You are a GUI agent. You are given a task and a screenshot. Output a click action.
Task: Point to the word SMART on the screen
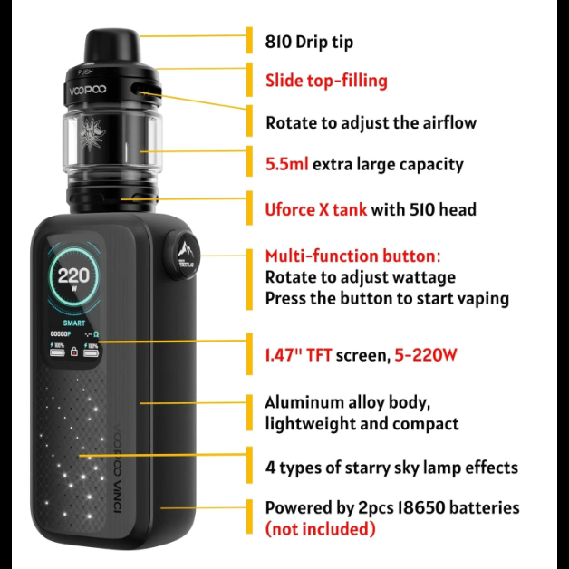pos(74,322)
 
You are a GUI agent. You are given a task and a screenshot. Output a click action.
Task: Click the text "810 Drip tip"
pos(309,42)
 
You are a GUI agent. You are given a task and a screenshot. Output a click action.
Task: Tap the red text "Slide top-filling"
pos(326,81)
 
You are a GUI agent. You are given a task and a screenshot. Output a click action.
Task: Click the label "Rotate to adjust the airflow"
pos(371,122)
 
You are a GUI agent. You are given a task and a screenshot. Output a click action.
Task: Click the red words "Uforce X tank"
pos(315,210)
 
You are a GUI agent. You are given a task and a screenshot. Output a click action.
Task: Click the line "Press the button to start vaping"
pos(386,299)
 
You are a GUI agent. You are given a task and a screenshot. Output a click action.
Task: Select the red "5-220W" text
pos(425,355)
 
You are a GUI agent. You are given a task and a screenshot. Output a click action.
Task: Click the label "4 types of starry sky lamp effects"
pos(391,468)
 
